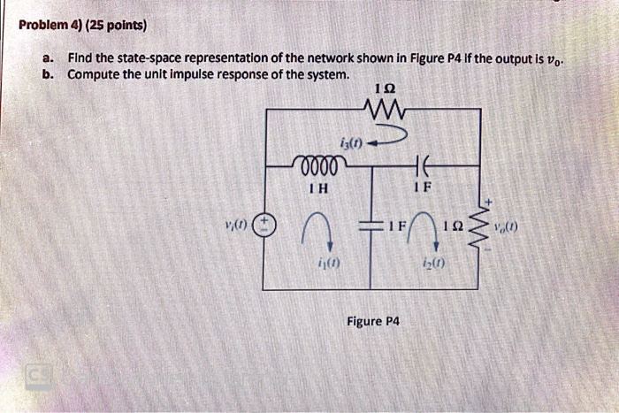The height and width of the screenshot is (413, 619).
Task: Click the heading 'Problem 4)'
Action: [x=45, y=25]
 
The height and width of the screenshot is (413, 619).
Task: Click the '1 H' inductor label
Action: [x=317, y=187]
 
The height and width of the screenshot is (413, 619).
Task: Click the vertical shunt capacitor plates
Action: [x=371, y=226]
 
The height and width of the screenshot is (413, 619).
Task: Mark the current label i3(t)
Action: [x=350, y=142]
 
